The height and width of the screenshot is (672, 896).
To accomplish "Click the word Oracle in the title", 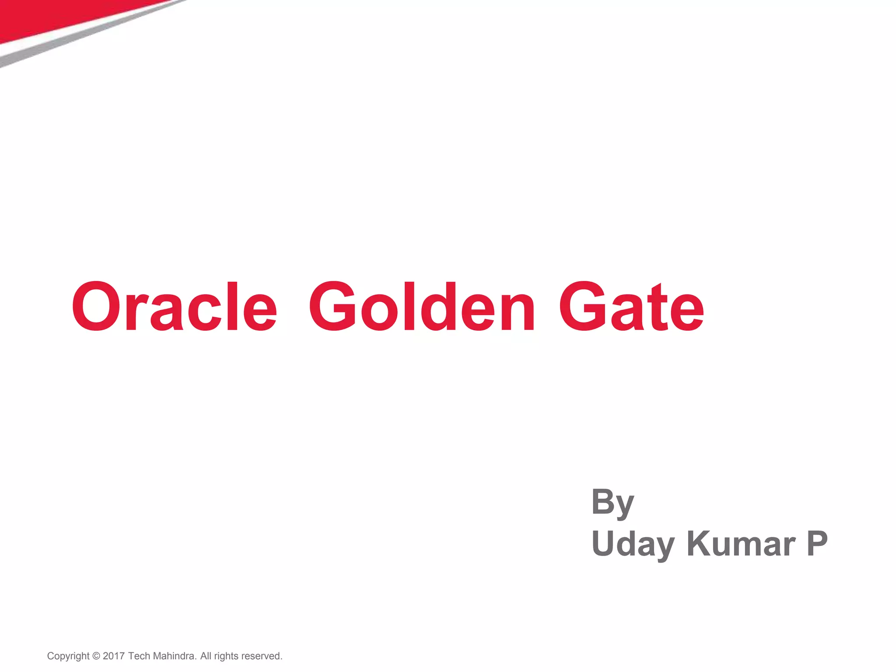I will (x=174, y=306).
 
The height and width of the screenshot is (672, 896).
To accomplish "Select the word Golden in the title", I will (x=422, y=306).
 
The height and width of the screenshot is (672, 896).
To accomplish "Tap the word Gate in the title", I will (x=631, y=306).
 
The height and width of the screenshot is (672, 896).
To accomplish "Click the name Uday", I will (x=633, y=544).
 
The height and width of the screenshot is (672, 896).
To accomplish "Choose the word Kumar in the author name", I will (x=741, y=544).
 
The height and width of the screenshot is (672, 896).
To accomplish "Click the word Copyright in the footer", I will (x=68, y=656).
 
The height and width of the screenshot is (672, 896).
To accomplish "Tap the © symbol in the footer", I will (x=96, y=656).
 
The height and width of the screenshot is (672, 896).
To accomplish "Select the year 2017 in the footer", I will (x=114, y=656).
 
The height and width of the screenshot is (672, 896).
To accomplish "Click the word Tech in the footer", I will (x=139, y=656).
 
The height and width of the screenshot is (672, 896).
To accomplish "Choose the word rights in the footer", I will (x=226, y=656).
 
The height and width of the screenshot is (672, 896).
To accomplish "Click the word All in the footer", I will (x=206, y=656).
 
